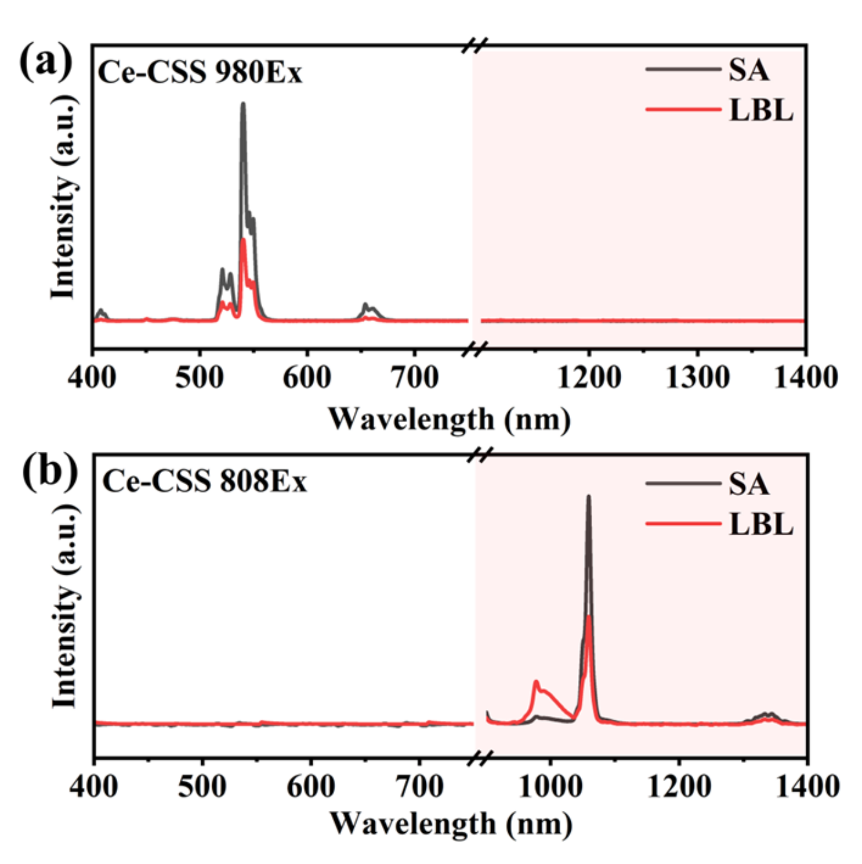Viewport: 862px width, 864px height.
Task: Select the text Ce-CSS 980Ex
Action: coord(199,72)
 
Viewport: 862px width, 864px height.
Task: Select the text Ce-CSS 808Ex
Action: coord(204,482)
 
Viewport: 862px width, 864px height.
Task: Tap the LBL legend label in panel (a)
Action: coord(760,110)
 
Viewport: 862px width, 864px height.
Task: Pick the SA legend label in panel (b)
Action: coord(749,484)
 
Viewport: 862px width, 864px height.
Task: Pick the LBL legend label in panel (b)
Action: coord(760,524)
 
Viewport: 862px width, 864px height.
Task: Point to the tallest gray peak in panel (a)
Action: coord(243,104)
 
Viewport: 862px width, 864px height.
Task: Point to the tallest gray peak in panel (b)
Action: coord(588,497)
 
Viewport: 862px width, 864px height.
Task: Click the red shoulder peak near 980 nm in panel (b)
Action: coord(536,682)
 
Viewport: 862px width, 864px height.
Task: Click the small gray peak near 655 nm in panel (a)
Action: coord(366,304)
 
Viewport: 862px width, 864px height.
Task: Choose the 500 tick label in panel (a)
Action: coord(199,377)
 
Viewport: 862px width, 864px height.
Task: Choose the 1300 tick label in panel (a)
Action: coord(697,377)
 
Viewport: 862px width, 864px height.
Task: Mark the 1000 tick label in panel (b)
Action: coord(550,786)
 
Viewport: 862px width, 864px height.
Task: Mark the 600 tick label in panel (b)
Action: coord(311,786)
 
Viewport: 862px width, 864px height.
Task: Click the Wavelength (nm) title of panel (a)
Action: coord(449,419)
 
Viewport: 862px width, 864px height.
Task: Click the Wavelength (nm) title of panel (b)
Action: coord(450,824)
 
